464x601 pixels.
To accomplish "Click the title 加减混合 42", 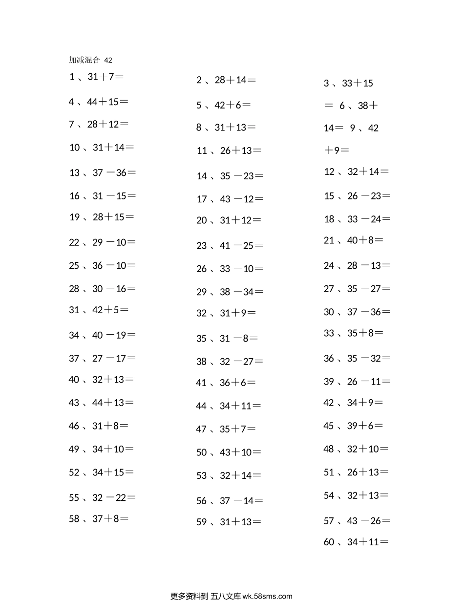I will click(x=91, y=60).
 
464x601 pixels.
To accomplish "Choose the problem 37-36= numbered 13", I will click(x=114, y=172).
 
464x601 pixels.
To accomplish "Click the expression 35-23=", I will click(x=241, y=176).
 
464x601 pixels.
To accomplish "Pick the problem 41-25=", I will click(x=241, y=246).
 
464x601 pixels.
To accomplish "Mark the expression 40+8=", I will click(x=365, y=240).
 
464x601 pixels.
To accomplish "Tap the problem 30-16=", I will click(x=114, y=289).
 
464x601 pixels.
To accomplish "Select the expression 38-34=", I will click(x=241, y=292).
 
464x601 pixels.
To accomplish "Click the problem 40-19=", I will click(x=114, y=335).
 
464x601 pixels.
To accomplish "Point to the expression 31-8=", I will click(x=239, y=338).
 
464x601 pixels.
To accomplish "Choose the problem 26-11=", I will click(x=369, y=382).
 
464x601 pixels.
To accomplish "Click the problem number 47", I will click(x=201, y=429).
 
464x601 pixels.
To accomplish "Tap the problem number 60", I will click(x=329, y=542).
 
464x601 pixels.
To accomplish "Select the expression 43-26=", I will click(x=369, y=521).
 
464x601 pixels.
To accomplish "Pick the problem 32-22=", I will click(x=114, y=498).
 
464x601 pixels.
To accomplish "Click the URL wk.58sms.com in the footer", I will click(x=267, y=596).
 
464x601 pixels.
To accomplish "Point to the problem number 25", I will click(x=74, y=266).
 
